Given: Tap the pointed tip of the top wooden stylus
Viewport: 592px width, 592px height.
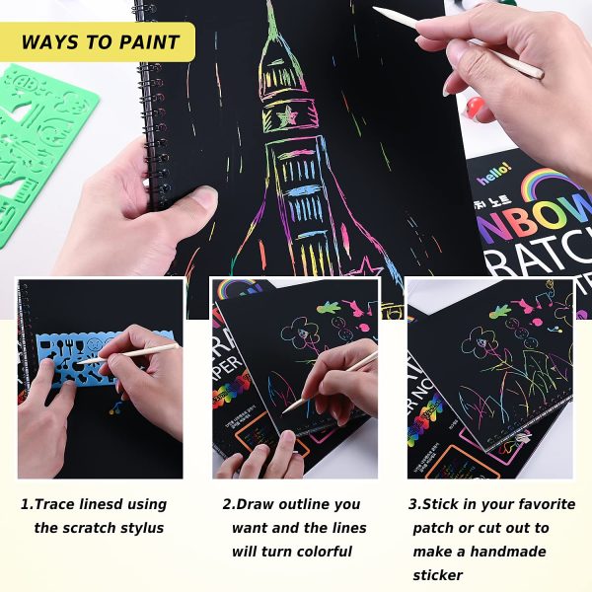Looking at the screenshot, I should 375,10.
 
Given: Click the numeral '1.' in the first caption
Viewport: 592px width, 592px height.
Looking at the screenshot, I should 28,504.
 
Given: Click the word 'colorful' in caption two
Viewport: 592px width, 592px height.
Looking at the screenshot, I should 322,552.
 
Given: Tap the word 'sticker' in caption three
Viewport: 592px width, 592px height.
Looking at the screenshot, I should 438,575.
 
